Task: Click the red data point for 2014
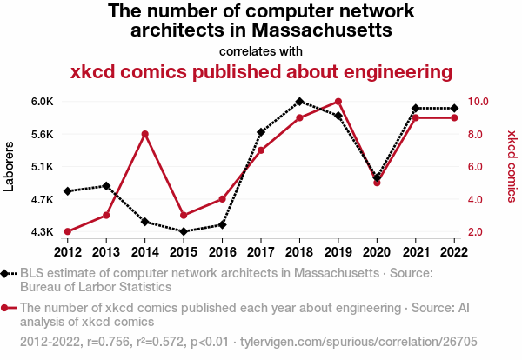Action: pos(144,134)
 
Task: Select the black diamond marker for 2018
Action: pos(299,102)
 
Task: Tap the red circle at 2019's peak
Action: pos(338,102)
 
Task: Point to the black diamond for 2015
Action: pos(183,231)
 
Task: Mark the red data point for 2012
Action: pos(67,231)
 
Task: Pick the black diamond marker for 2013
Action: pos(106,186)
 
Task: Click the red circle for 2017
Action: pos(260,150)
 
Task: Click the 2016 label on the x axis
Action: pos(222,252)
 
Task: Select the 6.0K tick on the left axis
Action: pos(43,102)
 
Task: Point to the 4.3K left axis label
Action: pos(43,232)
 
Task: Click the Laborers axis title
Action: pos(10,167)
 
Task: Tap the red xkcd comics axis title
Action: pos(512,167)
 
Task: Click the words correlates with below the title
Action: pos(261,50)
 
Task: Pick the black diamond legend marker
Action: pos(6,273)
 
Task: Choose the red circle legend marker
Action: pos(6,308)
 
